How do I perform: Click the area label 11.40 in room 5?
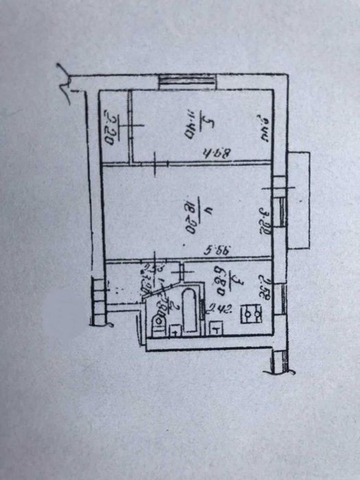click(189, 128)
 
